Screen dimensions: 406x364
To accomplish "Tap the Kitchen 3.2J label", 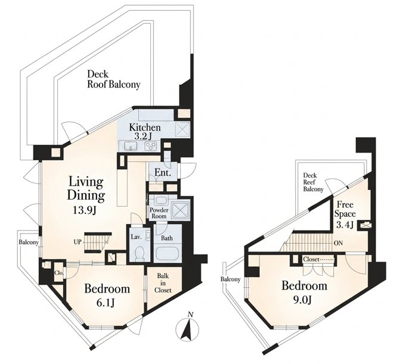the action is click(x=145, y=132).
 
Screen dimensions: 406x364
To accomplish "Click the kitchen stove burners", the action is click(x=150, y=147).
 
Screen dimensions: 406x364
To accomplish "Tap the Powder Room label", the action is click(x=159, y=213).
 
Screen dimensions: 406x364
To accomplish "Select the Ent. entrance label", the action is click(x=163, y=172).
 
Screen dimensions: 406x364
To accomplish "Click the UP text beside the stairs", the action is click(x=78, y=242).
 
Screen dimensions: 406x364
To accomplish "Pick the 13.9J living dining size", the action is click(x=85, y=211).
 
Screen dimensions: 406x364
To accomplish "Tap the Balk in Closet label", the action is click(x=163, y=283).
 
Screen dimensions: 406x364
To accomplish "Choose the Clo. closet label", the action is click(x=59, y=273).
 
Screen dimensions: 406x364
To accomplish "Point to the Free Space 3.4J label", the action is click(x=345, y=214).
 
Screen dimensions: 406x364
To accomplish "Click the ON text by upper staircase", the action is click(x=338, y=243).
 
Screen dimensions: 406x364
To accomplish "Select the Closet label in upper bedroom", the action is click(x=311, y=259).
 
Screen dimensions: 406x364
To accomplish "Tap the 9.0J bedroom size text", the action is click(x=302, y=300).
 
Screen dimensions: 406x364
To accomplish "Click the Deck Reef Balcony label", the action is click(x=314, y=182).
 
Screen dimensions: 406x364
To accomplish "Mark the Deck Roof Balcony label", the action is click(x=113, y=79).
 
